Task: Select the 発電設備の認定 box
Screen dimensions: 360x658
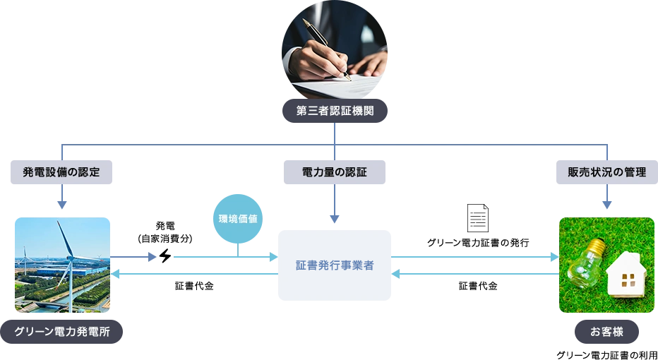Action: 60,172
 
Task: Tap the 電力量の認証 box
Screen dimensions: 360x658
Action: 335,172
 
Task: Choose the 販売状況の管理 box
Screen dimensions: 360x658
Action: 606,172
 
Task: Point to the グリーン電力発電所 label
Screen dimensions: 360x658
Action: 62,332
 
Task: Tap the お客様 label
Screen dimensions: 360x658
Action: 606,332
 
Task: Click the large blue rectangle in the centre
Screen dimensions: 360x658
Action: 335,265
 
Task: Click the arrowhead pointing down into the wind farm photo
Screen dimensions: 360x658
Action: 61,206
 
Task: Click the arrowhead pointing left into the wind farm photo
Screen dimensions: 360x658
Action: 117,274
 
